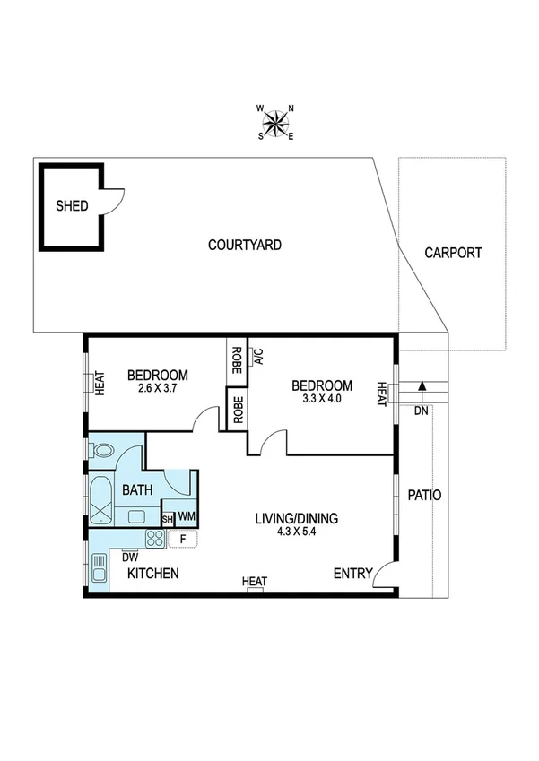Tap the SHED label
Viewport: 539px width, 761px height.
(72, 206)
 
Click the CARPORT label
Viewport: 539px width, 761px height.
(453, 253)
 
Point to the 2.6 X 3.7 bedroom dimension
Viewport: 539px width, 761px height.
(157, 389)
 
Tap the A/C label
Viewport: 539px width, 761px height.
(257, 356)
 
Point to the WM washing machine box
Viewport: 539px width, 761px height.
(187, 517)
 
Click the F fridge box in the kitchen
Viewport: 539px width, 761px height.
(183, 540)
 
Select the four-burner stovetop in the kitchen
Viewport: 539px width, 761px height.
(155, 540)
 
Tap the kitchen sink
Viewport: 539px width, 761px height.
(98, 569)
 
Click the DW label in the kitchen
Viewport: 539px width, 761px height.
(130, 557)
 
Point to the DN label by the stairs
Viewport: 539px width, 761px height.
(421, 411)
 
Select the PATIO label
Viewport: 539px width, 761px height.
(424, 495)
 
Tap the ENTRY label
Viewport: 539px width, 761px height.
(352, 574)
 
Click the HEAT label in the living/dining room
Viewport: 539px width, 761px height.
(255, 583)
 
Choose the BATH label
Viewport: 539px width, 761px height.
(137, 490)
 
